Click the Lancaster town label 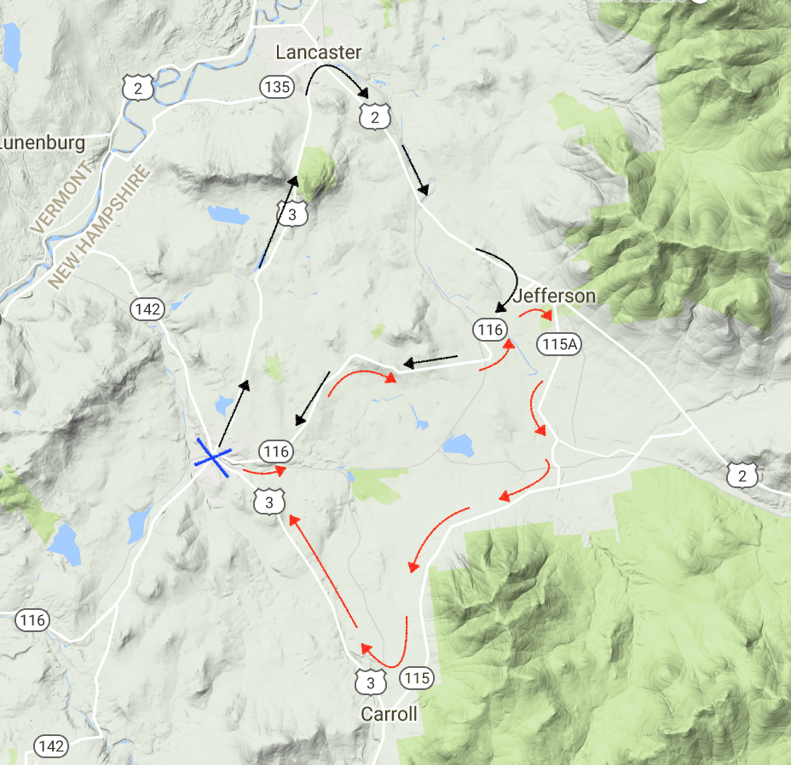pyautogui.click(x=319, y=53)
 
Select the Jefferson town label pyautogui.click(x=555, y=296)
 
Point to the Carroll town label pyautogui.click(x=389, y=713)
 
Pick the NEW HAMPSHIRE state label pyautogui.click(x=99, y=226)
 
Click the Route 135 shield pyautogui.click(x=277, y=87)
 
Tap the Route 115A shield pyautogui.click(x=558, y=344)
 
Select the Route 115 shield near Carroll pyautogui.click(x=416, y=679)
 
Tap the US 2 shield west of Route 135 pyautogui.click(x=136, y=87)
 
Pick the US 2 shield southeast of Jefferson pyautogui.click(x=742, y=475)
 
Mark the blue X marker pyautogui.click(x=211, y=458)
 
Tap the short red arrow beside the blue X pyautogui.click(x=263, y=469)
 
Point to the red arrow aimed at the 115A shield pyautogui.click(x=536, y=313)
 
